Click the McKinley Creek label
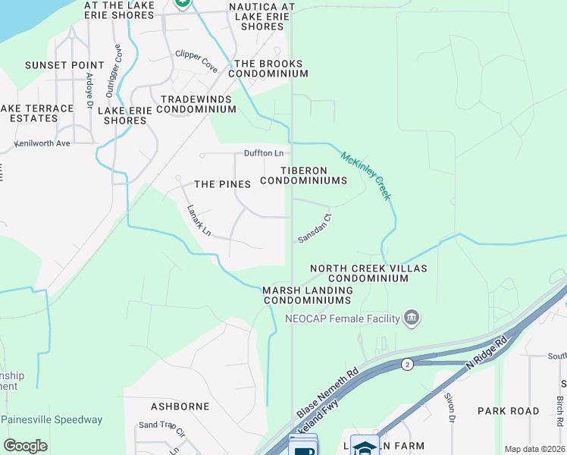coord(366,176)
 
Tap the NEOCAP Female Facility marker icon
coord(412,318)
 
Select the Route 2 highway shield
coord(407,364)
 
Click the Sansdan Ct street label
coord(315,228)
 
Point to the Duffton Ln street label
coord(263,153)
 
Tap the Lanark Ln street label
coord(199,219)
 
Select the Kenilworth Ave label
coord(42,143)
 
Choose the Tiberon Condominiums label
coord(304,175)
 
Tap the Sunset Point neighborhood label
coord(64,65)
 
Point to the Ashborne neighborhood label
coord(180,406)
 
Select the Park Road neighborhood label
coord(508,410)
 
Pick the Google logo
coord(25,446)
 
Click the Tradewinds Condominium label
coord(199,105)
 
